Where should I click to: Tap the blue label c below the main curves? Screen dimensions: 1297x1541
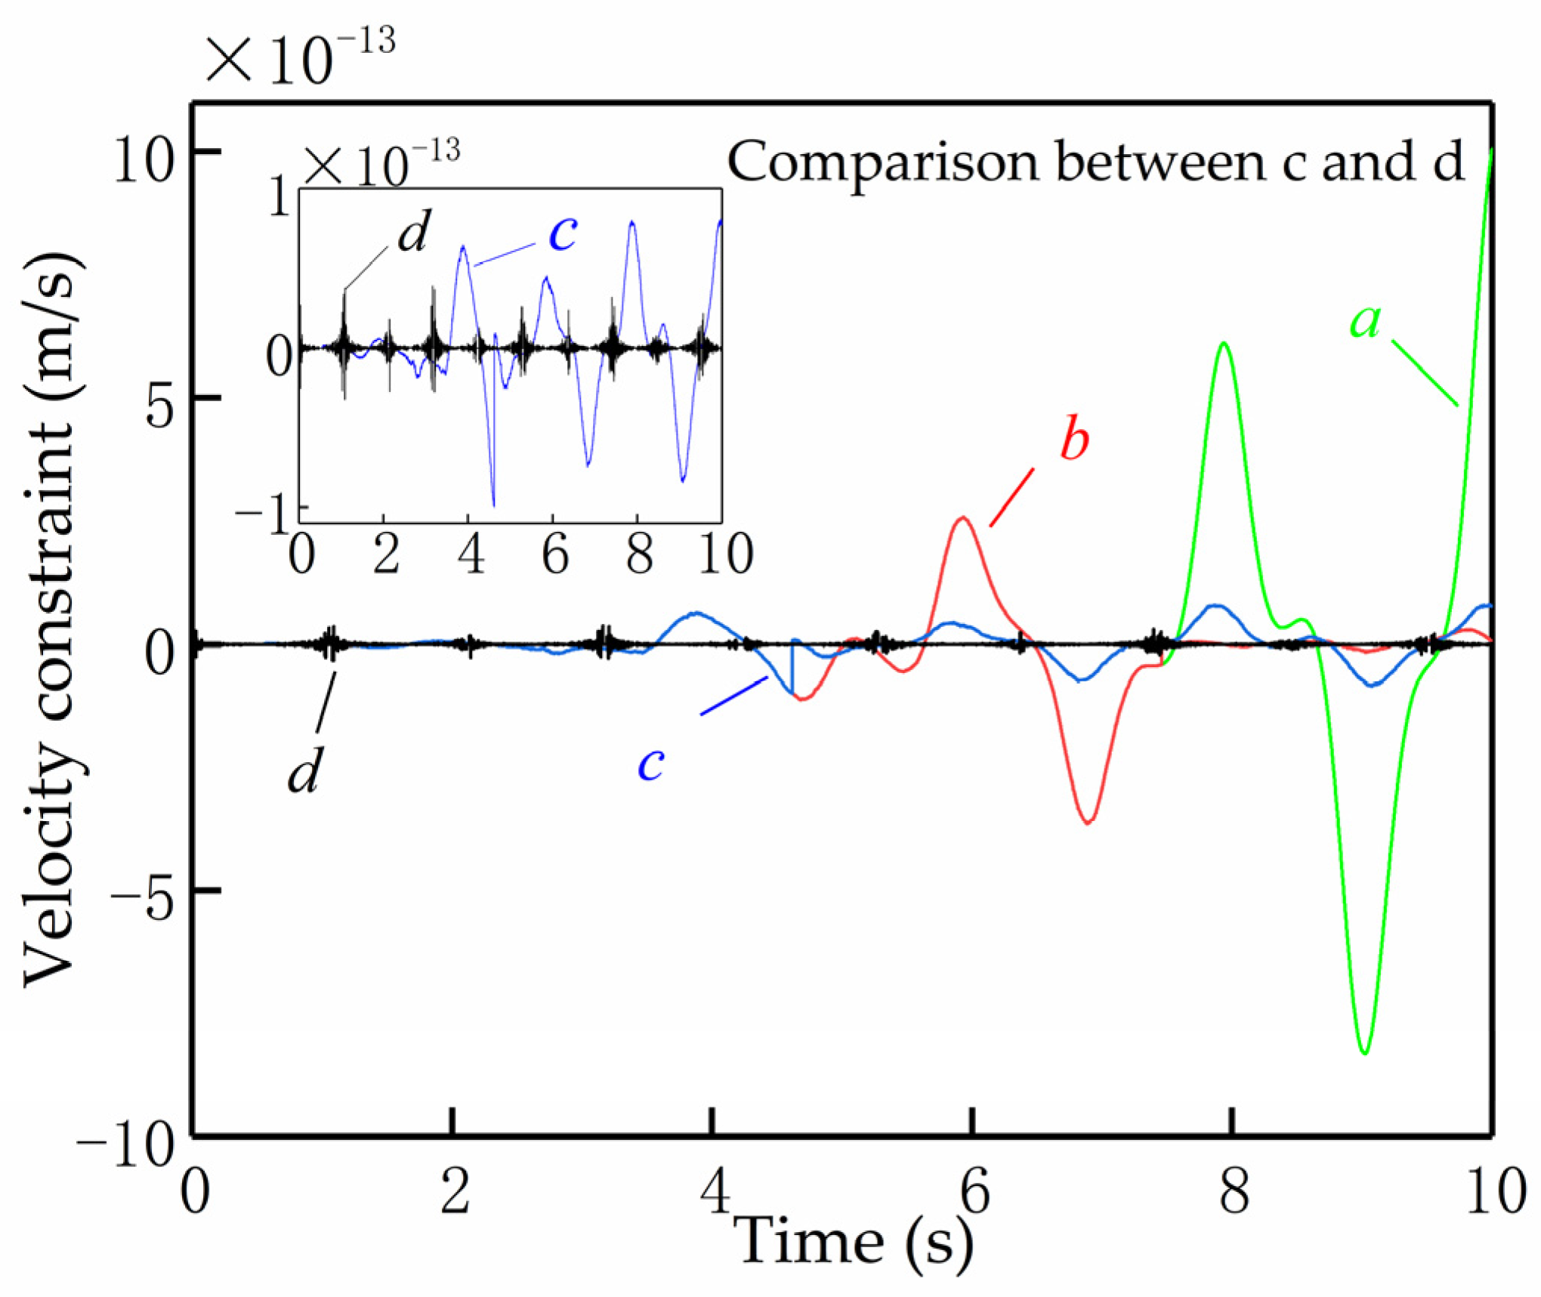[650, 764]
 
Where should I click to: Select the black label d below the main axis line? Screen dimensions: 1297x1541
[305, 770]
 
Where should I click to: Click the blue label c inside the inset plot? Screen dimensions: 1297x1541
[563, 233]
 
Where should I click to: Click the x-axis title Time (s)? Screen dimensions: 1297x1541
[854, 1243]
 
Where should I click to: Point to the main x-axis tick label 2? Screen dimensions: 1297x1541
[455, 1194]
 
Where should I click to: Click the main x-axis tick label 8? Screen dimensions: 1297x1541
[1234, 1194]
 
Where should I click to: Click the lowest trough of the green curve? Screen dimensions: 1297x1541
[1365, 1053]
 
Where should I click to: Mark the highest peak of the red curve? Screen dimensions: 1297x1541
[962, 518]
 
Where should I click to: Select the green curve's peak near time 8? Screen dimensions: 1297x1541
[1224, 344]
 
